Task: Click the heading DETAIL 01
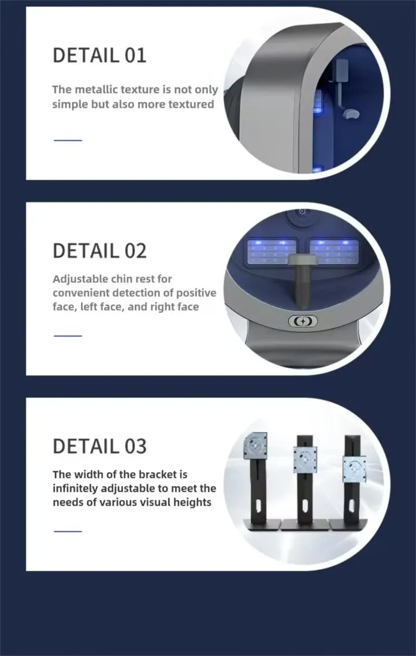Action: pyautogui.click(x=99, y=56)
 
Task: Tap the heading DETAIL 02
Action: pyautogui.click(x=99, y=251)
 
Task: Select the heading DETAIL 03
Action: pyautogui.click(x=99, y=447)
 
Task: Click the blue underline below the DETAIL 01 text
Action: pyautogui.click(x=68, y=140)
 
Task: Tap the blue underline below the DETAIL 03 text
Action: pyautogui.click(x=68, y=531)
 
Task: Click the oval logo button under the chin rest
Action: pyautogui.click(x=303, y=321)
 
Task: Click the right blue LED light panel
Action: pyautogui.click(x=334, y=251)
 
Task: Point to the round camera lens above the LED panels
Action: pyautogui.click(x=302, y=212)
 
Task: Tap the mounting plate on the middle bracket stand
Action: pyautogui.click(x=304, y=459)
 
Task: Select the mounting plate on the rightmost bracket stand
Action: pyautogui.click(x=354, y=468)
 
